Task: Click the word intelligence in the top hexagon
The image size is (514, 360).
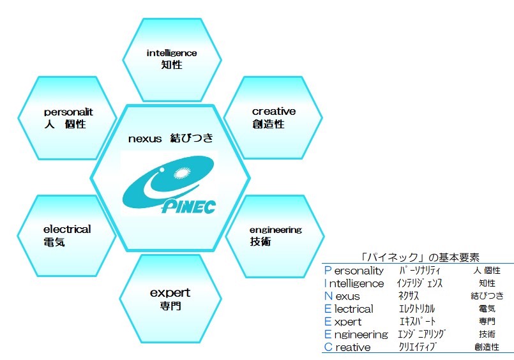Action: [x=172, y=54]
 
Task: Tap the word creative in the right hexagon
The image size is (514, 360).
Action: [x=274, y=111]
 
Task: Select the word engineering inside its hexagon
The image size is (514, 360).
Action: [x=275, y=230]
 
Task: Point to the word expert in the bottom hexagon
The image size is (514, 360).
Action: [x=170, y=293]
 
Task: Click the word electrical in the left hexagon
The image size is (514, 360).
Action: [x=67, y=229]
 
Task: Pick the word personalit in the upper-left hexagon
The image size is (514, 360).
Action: [x=68, y=112]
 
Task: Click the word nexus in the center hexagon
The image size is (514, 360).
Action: [x=145, y=139]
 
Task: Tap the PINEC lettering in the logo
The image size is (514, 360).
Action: [x=189, y=207]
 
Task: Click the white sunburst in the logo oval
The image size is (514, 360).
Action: [x=182, y=172]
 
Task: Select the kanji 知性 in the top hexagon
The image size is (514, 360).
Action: [x=172, y=65]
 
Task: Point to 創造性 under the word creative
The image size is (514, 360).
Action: [x=268, y=124]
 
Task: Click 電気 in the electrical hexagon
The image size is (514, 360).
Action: [x=54, y=242]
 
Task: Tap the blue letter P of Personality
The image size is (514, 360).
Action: [x=328, y=270]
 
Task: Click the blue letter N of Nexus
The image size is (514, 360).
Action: [x=328, y=296]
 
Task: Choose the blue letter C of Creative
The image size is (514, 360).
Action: [x=328, y=347]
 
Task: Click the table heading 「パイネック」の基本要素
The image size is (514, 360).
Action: [x=420, y=257]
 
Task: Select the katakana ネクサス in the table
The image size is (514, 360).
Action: [x=409, y=296]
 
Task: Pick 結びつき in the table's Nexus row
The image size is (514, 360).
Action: [x=487, y=296]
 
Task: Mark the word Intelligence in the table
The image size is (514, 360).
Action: [x=354, y=283]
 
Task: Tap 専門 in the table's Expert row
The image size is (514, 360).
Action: [x=487, y=321]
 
